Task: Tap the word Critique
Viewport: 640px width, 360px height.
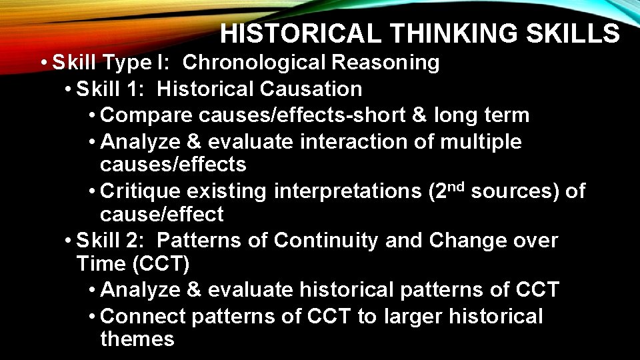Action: (x=140, y=191)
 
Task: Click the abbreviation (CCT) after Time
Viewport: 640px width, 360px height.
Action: (x=161, y=264)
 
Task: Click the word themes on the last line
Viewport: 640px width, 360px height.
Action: (x=137, y=339)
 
